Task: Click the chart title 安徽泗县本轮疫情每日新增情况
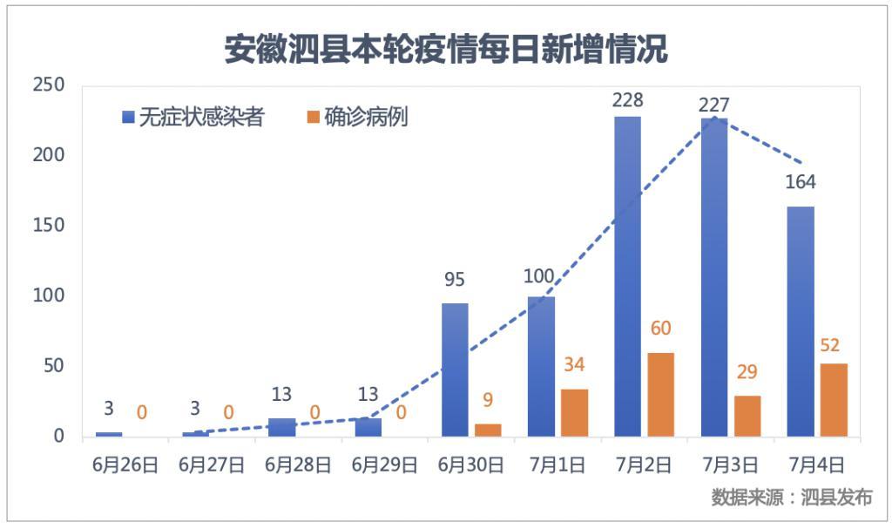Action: (x=446, y=50)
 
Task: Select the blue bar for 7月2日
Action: (x=627, y=276)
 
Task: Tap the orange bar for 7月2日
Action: (x=660, y=394)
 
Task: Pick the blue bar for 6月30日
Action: (x=455, y=370)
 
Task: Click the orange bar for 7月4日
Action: (x=833, y=399)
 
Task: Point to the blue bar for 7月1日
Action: (x=541, y=366)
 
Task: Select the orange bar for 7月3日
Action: (x=747, y=416)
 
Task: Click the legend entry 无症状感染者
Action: (x=193, y=117)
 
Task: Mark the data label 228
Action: (x=627, y=100)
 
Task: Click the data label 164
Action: (x=800, y=182)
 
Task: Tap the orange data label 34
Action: (x=574, y=364)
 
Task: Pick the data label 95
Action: (x=455, y=281)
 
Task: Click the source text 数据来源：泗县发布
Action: (x=791, y=498)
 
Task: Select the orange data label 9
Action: (x=488, y=401)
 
